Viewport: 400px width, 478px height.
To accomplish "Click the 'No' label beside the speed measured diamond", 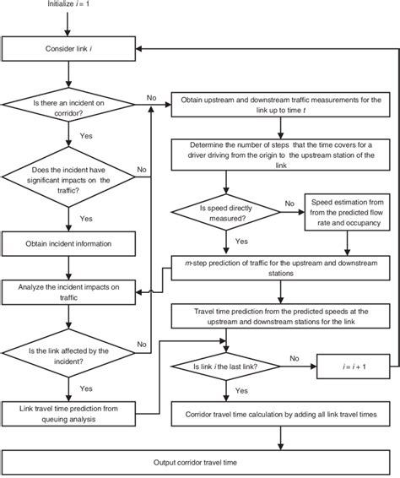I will pos(289,204).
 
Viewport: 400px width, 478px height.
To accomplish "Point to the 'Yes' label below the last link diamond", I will pos(241,392).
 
